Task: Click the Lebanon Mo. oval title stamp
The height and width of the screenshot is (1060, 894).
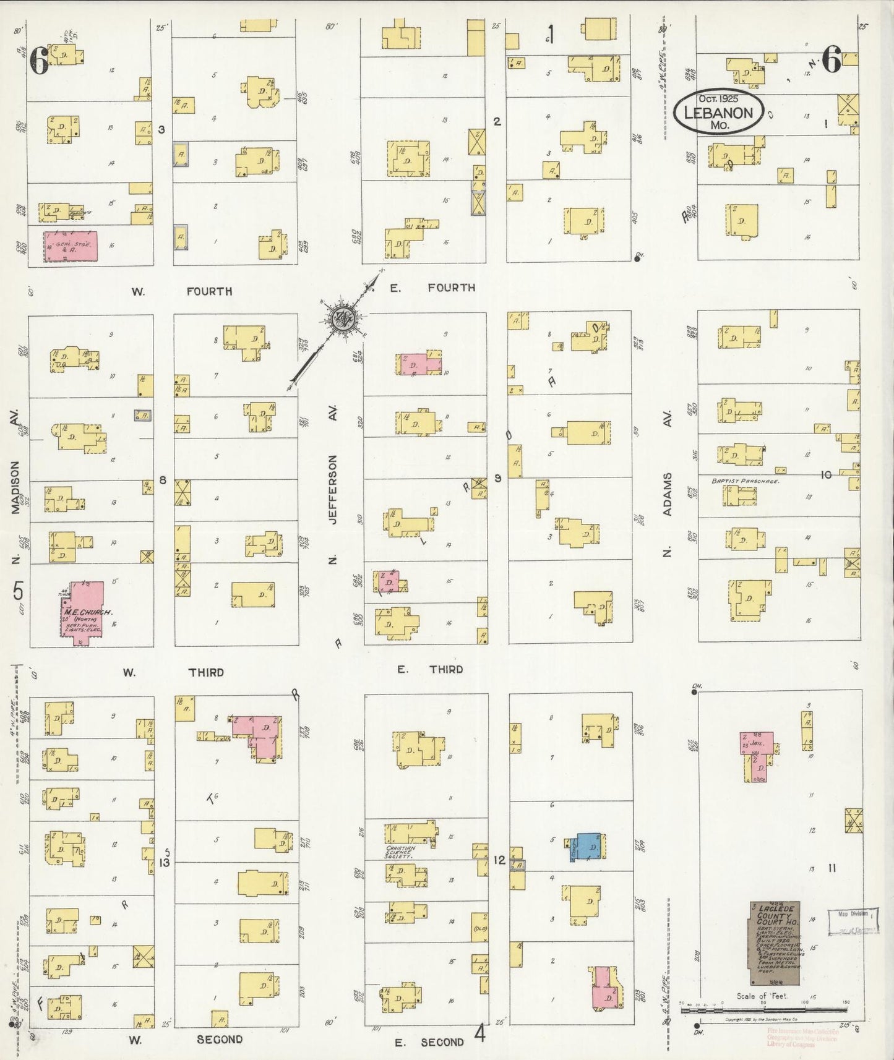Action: [718, 112]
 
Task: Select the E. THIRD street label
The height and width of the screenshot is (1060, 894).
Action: [429, 669]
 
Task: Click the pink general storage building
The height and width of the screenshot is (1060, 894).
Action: [71, 247]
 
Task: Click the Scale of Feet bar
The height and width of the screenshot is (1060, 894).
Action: [765, 1009]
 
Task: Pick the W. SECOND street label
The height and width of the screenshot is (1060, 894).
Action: [186, 1040]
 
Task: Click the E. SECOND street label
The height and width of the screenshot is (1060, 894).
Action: [429, 1042]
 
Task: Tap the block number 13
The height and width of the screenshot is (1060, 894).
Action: [164, 861]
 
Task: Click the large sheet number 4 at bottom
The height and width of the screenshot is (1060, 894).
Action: [479, 1033]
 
